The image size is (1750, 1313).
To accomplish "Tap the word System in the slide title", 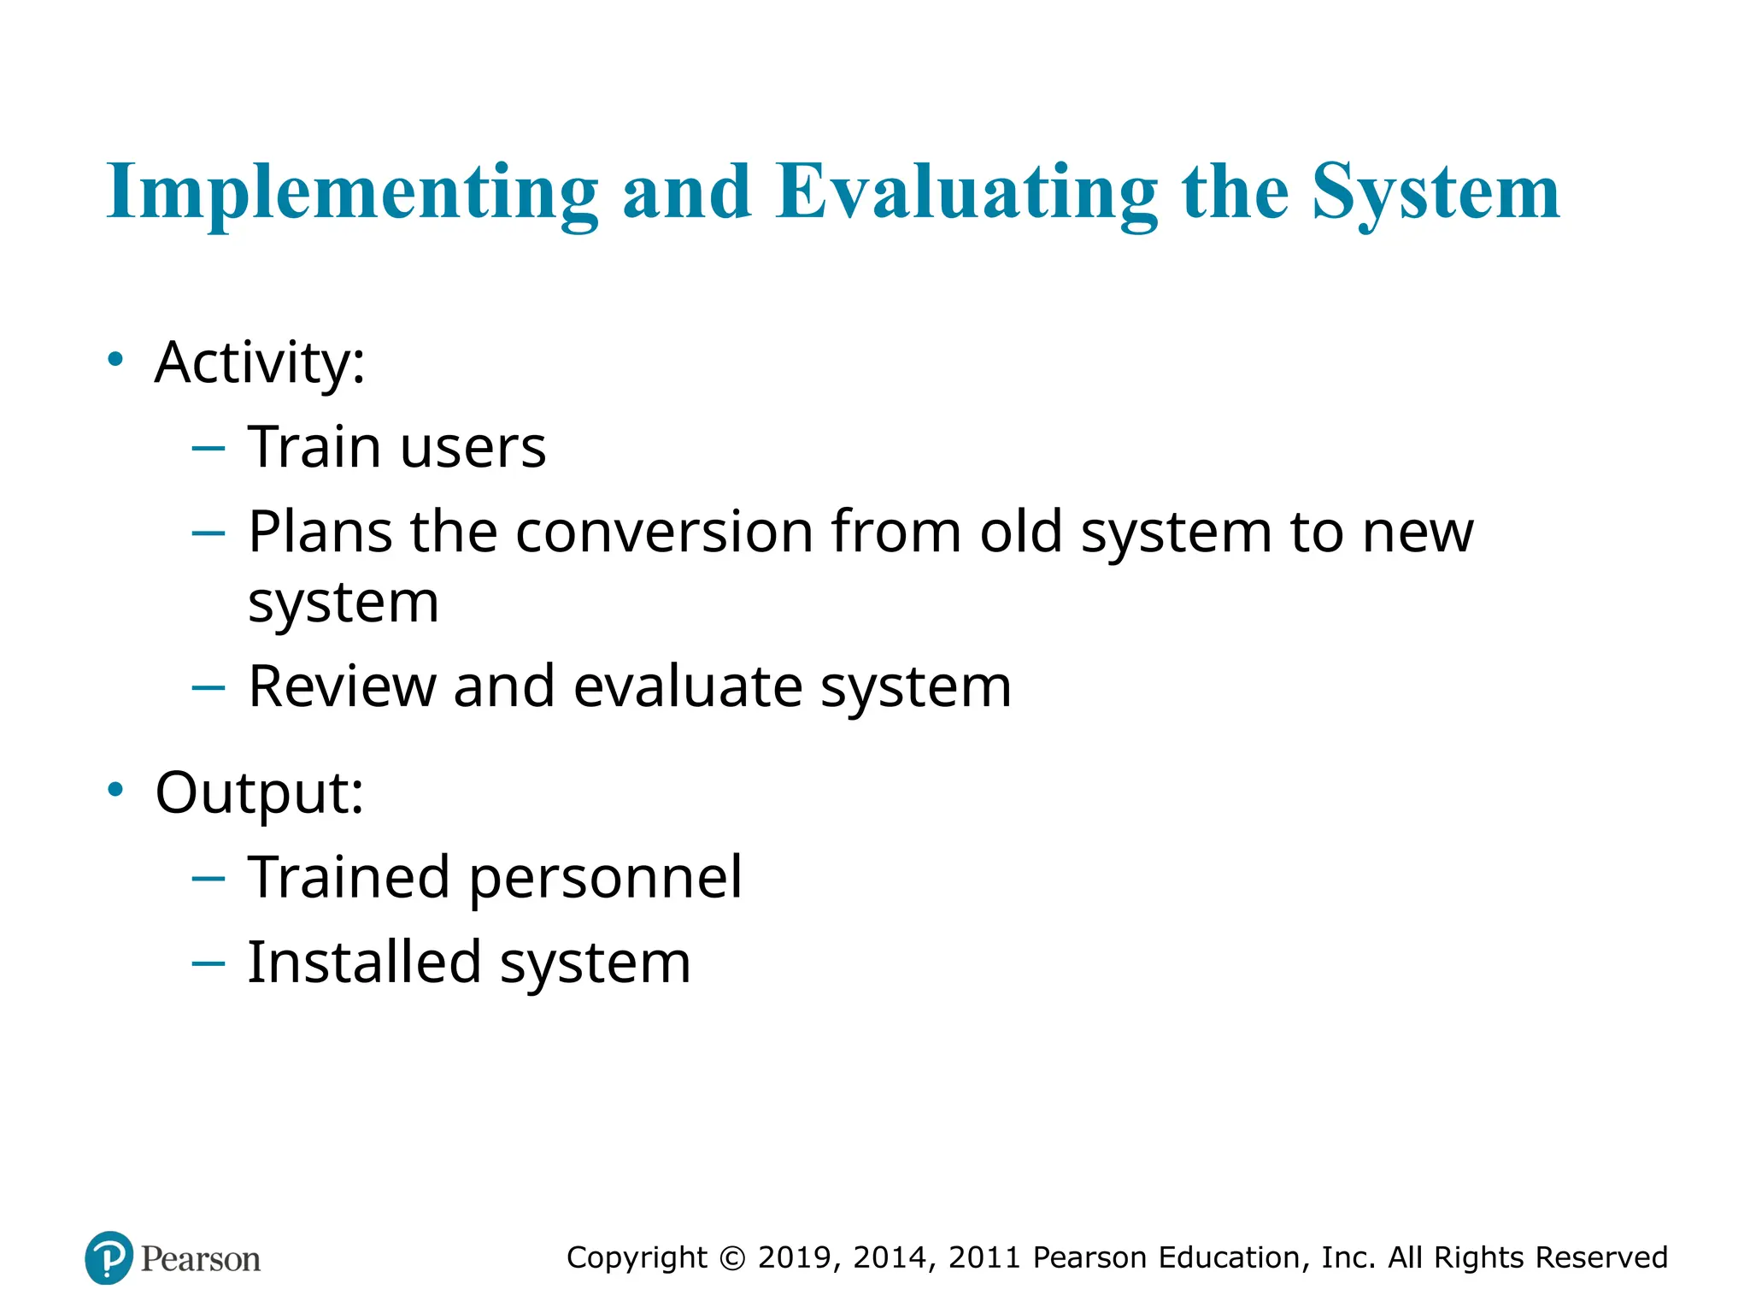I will (x=1436, y=193).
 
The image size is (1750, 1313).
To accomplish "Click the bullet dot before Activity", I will (x=115, y=359).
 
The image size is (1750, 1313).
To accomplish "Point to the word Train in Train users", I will (x=314, y=447).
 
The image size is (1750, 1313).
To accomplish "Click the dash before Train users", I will (x=208, y=447).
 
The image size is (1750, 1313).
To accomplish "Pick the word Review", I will (x=342, y=686).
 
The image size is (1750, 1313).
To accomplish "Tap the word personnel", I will (x=606, y=879).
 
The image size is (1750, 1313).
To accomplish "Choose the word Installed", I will (x=364, y=963).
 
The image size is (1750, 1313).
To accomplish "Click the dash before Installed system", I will (x=208, y=963).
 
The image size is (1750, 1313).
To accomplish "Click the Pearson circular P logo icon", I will (x=109, y=1257).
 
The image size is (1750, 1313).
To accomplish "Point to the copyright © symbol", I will (x=732, y=1258).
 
